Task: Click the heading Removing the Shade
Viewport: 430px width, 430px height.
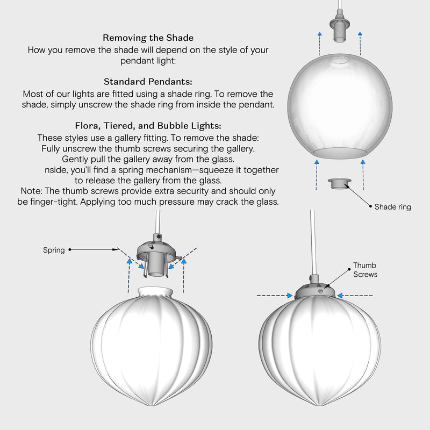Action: tap(148, 38)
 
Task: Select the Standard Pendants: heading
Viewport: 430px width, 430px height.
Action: tap(148, 82)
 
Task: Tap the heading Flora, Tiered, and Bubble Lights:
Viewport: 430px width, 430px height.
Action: tap(148, 126)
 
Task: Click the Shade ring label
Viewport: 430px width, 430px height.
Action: tap(392, 207)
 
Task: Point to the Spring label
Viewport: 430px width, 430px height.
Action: tap(54, 250)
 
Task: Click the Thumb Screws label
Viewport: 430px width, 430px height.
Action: tap(365, 270)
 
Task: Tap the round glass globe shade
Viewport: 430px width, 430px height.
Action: tap(339, 105)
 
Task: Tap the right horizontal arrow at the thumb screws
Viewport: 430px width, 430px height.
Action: tap(357, 295)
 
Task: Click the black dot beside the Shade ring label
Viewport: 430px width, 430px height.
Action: tap(370, 206)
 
